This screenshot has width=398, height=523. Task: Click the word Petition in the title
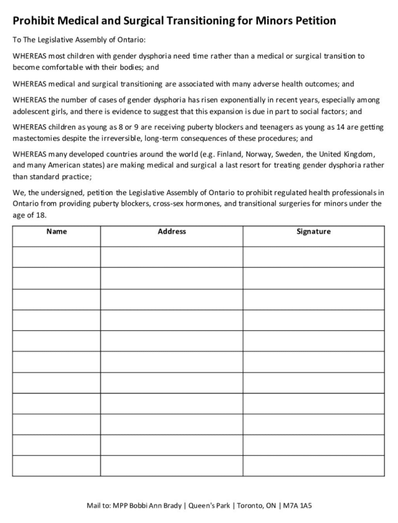click(312, 21)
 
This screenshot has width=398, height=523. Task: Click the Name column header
click(56, 231)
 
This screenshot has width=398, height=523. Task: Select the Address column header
click(172, 231)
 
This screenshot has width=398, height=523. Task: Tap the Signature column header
click(313, 231)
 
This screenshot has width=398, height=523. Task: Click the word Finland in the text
click(231, 154)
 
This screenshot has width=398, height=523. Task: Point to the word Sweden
click(289, 154)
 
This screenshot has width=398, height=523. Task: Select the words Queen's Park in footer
click(208, 506)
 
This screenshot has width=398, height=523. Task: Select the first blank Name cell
click(56, 257)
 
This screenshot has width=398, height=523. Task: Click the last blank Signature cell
click(313, 466)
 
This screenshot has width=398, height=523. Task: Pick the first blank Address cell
click(172, 257)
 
